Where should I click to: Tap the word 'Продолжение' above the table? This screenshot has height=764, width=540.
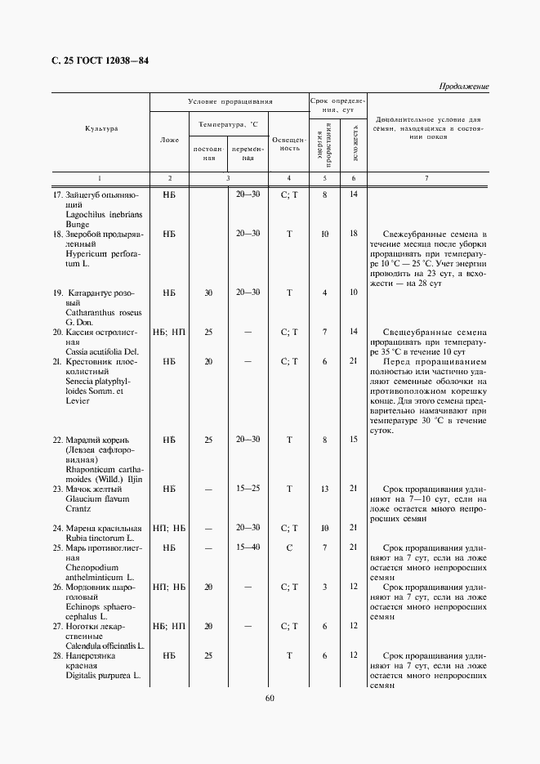(463, 86)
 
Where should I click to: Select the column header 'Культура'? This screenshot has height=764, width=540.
(100, 129)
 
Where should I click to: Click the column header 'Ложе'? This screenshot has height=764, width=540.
(169, 140)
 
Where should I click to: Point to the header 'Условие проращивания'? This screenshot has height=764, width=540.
(230, 102)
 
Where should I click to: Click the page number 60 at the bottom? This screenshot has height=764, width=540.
(270, 697)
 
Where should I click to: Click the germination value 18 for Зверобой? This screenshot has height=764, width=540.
(354, 234)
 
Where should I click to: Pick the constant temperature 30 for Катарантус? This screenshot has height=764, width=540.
(208, 293)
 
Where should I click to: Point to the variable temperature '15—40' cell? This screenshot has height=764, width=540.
(248, 547)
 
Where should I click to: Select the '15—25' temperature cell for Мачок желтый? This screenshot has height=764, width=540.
(248, 488)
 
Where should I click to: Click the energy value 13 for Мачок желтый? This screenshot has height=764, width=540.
(324, 488)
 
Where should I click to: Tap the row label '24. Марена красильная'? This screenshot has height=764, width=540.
(97, 528)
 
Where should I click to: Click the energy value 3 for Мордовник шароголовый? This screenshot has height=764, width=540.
(324, 587)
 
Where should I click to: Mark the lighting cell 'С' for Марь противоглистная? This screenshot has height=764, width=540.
(289, 547)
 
